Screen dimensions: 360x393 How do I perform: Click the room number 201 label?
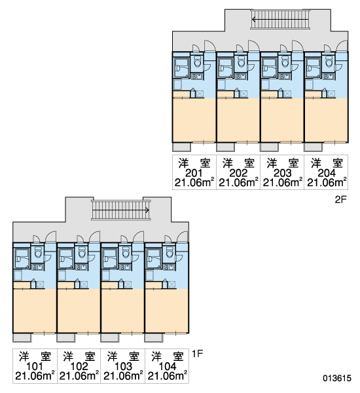coord(194,173)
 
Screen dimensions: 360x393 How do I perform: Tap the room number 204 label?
coord(326,173)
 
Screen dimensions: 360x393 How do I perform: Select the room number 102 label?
coord(79,366)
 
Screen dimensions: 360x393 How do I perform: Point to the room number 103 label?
coord(123,366)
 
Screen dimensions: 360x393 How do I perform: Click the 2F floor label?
coord(340,200)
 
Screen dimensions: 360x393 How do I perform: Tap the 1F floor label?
coord(198,354)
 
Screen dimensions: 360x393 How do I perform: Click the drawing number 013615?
coord(337,378)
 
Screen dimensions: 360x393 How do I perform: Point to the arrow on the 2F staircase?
coord(280,19)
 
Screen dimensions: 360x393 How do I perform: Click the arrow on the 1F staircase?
coord(120,210)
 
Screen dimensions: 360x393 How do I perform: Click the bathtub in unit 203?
coord(269,67)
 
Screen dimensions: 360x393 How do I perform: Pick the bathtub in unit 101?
coord(22,259)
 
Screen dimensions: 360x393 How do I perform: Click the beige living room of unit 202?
coord(238,121)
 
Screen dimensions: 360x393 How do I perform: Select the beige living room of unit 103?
coord(122,311)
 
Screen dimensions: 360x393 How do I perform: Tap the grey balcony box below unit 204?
coord(313,147)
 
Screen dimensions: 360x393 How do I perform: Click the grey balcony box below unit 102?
coord(66,338)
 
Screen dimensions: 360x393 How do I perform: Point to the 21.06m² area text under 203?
coord(282,183)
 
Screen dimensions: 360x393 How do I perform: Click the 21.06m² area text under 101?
coord(35,376)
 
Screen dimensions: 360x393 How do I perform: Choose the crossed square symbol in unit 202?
coord(244,94)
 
